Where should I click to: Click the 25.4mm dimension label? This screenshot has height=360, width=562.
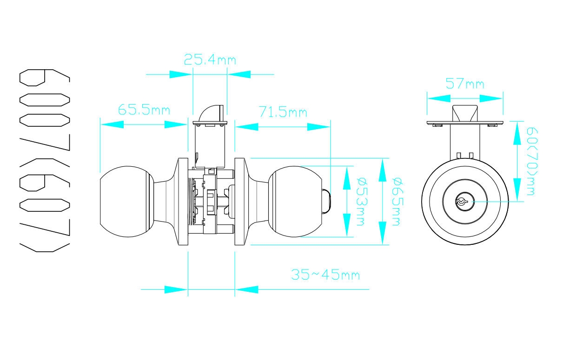click(x=210, y=59)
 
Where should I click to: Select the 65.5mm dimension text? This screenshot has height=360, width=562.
click(x=144, y=110)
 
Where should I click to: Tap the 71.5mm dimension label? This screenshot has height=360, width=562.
click(x=283, y=112)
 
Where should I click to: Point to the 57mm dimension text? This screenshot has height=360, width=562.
click(x=465, y=84)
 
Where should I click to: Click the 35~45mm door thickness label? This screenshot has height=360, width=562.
click(x=325, y=275)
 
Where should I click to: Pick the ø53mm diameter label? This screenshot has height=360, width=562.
click(x=362, y=202)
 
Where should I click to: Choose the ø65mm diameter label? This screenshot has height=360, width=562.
click(x=397, y=202)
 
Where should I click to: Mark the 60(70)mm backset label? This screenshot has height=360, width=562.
click(x=532, y=162)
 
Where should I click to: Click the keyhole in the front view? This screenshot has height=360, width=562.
click(x=465, y=201)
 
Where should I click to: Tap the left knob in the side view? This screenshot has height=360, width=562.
click(x=127, y=201)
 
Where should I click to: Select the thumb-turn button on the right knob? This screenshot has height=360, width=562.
click(x=326, y=201)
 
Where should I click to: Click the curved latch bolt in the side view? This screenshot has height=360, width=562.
click(x=211, y=113)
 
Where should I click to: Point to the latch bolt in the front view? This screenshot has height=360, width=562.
click(x=465, y=113)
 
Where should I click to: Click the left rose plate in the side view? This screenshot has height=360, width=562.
click(x=183, y=201)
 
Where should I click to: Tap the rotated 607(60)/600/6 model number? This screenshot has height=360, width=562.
click(x=45, y=160)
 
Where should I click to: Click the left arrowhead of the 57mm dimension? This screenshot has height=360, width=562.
click(x=439, y=98)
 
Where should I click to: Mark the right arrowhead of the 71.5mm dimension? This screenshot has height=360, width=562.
click(x=318, y=127)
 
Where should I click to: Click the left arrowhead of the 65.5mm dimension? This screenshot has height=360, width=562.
click(x=112, y=124)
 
